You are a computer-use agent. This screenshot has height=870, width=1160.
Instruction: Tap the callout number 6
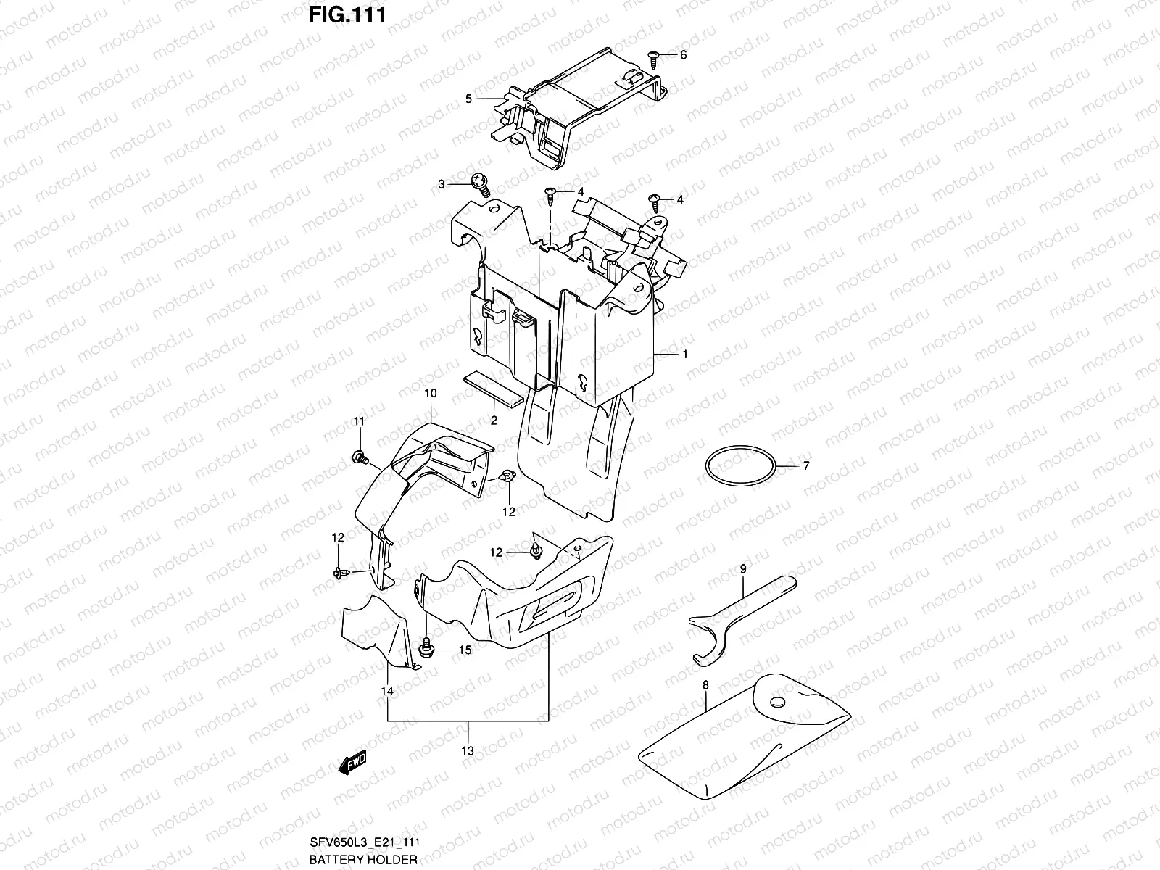tap(682, 55)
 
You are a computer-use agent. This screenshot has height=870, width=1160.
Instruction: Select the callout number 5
tap(468, 99)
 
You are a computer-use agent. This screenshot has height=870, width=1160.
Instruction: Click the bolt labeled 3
tap(479, 183)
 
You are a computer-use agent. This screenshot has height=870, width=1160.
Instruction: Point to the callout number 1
tap(684, 355)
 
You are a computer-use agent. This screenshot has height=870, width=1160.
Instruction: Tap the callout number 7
tap(805, 466)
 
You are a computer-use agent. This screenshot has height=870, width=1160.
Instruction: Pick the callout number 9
tap(742, 570)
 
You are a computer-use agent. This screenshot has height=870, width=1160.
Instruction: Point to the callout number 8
tap(705, 684)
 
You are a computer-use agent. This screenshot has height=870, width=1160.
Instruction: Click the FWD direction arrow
tap(354, 761)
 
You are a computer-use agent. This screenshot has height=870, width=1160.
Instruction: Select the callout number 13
tap(468, 751)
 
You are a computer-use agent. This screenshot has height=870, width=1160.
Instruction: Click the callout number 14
tap(388, 692)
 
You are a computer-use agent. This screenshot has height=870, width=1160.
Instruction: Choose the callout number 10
tap(430, 394)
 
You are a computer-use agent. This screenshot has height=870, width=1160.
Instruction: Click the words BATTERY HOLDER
tap(363, 860)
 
